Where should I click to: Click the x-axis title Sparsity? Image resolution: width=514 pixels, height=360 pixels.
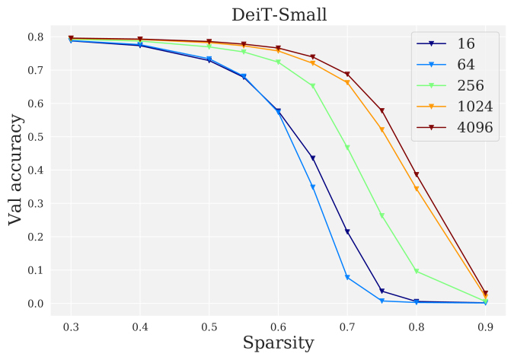[x=278, y=343]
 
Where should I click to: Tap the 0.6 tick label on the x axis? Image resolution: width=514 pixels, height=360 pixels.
[x=278, y=326]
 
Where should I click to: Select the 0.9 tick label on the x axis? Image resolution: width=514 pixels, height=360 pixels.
[x=485, y=326]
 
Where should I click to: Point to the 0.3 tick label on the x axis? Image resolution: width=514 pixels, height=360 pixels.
[x=71, y=326]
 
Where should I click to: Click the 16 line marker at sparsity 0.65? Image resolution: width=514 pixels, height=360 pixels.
[x=313, y=158]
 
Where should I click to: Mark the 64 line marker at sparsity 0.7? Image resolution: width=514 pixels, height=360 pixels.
[x=347, y=278]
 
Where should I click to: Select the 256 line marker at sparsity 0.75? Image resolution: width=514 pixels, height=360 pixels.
[x=382, y=216]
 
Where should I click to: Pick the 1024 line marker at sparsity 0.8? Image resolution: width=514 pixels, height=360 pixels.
[x=417, y=189]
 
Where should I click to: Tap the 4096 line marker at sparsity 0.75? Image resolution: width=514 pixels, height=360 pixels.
[x=382, y=111]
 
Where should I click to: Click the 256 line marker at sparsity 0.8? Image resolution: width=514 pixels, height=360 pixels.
[x=417, y=272]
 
